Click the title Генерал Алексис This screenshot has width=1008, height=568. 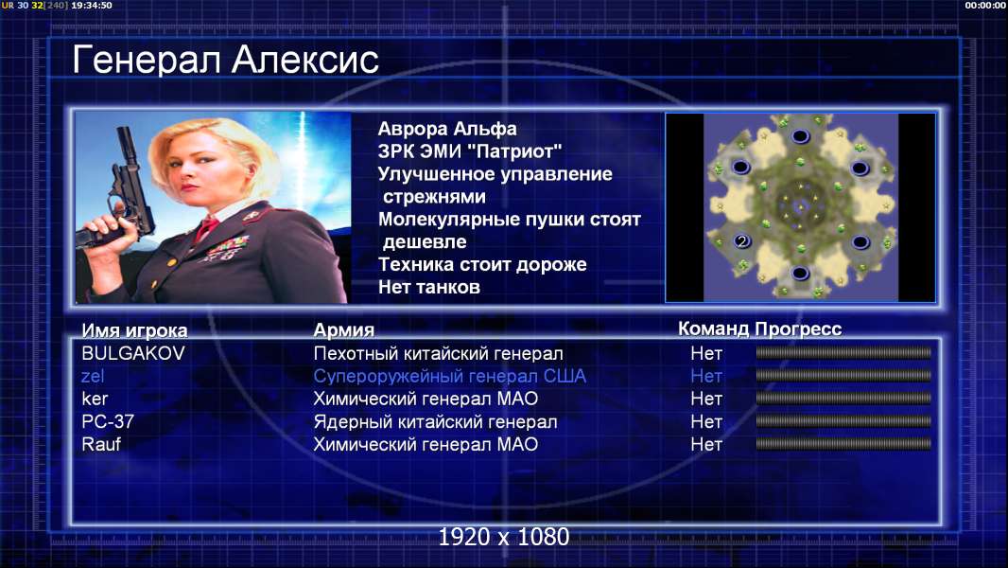click(225, 60)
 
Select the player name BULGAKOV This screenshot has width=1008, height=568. click(133, 353)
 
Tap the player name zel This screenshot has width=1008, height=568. click(93, 376)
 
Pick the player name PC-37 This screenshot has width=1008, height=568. click(108, 421)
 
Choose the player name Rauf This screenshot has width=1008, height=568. click(101, 445)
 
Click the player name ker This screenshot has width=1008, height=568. click(95, 399)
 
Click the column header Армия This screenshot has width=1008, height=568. click(343, 330)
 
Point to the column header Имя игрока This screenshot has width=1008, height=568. click(134, 330)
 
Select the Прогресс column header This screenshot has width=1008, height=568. click(798, 328)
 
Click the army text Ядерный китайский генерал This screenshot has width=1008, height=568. click(435, 422)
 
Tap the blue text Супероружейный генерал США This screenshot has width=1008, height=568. click(449, 377)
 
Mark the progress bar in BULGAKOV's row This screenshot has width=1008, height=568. click(843, 352)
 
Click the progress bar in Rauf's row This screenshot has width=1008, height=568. click(843, 444)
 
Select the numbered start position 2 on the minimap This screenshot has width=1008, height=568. click(742, 241)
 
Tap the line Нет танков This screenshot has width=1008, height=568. click(428, 287)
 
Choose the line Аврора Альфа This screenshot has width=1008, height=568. click(446, 129)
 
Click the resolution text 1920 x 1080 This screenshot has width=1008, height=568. click(503, 537)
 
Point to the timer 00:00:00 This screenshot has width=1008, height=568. click(985, 5)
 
